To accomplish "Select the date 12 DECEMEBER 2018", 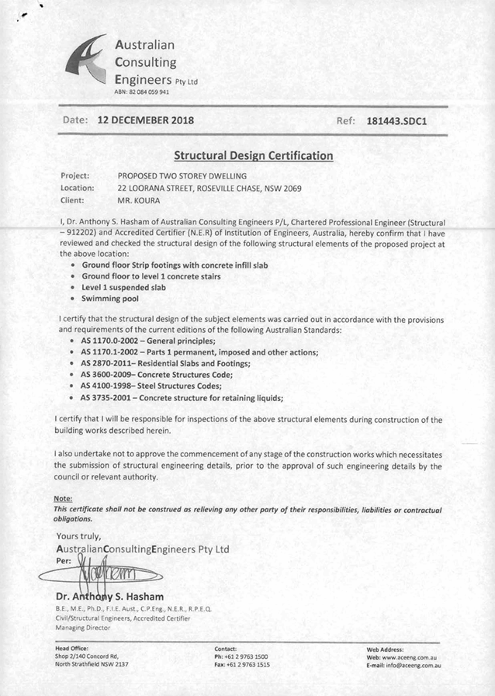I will tap(145, 121).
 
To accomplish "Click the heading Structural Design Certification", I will tap(253, 156).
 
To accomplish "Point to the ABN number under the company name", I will tap(141, 92).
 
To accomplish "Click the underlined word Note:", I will tap(64, 498).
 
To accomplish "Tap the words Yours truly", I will tap(78, 535).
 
